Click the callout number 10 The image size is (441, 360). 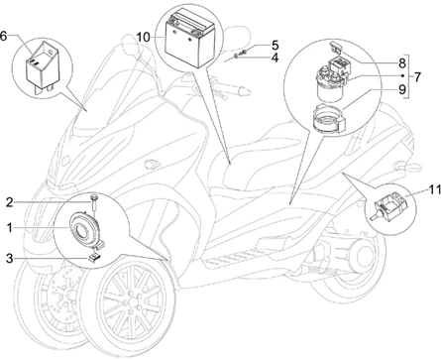[143, 38]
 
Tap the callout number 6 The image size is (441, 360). [3, 36]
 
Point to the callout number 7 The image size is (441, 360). [417, 76]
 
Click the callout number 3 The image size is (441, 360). [10, 258]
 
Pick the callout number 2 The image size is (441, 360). [10, 202]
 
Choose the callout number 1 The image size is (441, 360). [10, 227]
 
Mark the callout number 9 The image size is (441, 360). [401, 89]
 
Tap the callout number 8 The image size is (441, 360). [401, 62]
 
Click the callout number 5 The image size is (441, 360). [275, 46]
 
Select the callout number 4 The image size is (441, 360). [275, 58]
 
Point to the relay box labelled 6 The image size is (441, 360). [43, 64]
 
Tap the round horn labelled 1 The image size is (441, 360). [83, 229]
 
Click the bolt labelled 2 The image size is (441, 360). [93, 204]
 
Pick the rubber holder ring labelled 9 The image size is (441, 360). [329, 119]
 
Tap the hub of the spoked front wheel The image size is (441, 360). [133, 302]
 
